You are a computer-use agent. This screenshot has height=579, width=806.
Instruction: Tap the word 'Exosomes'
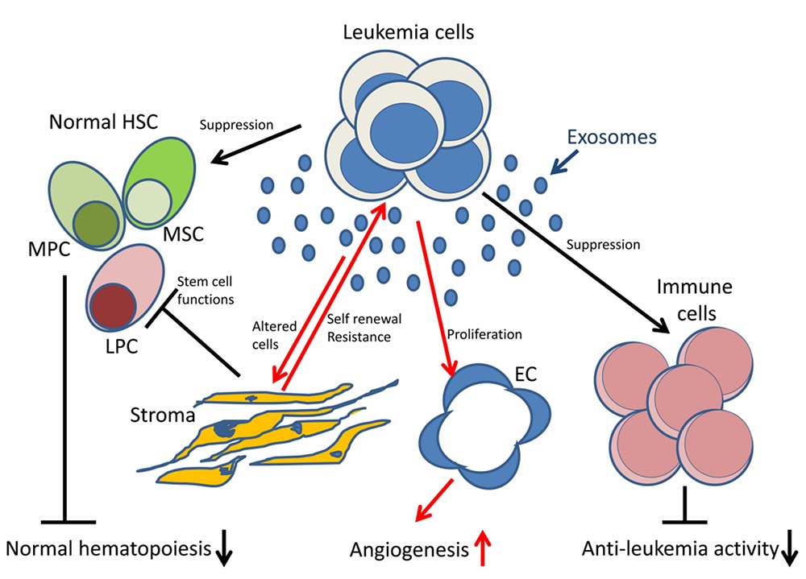click(611, 137)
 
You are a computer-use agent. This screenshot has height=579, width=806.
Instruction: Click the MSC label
click(185, 234)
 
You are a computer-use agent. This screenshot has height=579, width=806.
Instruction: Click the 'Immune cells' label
click(683, 299)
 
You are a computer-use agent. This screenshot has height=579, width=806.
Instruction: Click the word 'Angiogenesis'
click(408, 551)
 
